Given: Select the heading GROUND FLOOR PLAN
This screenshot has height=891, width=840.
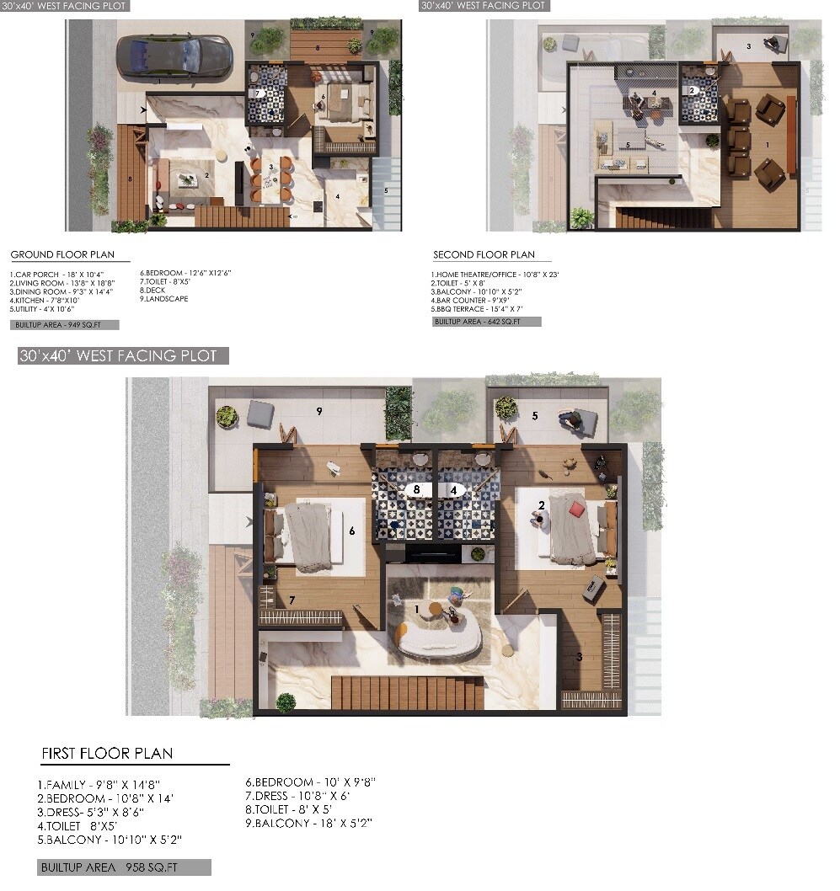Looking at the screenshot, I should [x=62, y=254].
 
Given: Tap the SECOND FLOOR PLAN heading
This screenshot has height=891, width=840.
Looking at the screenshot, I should [x=484, y=254].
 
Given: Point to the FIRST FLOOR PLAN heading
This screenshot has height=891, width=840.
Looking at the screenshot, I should [x=107, y=753].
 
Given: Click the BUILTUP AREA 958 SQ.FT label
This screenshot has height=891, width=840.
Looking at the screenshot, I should [x=124, y=867].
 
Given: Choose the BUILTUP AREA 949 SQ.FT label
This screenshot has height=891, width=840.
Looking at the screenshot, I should [x=66, y=324].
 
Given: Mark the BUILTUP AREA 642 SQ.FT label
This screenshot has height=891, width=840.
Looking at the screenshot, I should [x=486, y=321].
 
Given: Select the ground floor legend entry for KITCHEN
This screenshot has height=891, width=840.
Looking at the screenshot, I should [x=45, y=300].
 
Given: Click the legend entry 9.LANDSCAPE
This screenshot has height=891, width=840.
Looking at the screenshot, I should [x=164, y=299].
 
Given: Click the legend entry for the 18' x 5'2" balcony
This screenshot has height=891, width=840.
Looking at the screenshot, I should [x=308, y=823].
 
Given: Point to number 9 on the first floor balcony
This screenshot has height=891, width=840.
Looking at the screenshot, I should [x=319, y=412].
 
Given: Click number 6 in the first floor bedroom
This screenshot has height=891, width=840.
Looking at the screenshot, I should [x=351, y=531].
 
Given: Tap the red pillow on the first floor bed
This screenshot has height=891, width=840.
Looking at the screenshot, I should [x=576, y=509].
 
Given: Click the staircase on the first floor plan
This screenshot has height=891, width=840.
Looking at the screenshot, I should [x=408, y=692].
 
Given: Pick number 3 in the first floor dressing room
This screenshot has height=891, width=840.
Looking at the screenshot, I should [x=580, y=657].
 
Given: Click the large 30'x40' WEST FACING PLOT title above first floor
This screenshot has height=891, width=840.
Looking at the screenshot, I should [x=123, y=356].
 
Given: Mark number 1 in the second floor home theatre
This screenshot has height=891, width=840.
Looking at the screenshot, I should [x=766, y=144].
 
